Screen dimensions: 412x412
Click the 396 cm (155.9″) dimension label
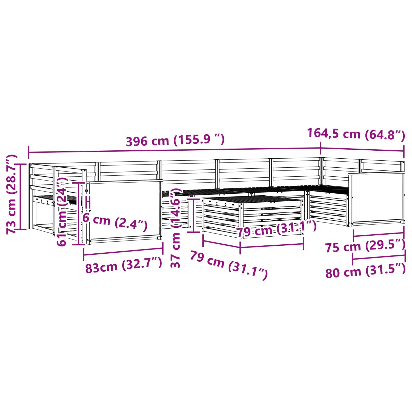coord(175,140)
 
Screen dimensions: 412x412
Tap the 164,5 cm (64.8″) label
coord(356,134)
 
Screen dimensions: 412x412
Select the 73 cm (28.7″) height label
coord(12,194)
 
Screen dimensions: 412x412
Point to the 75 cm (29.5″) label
coord(365,246)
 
